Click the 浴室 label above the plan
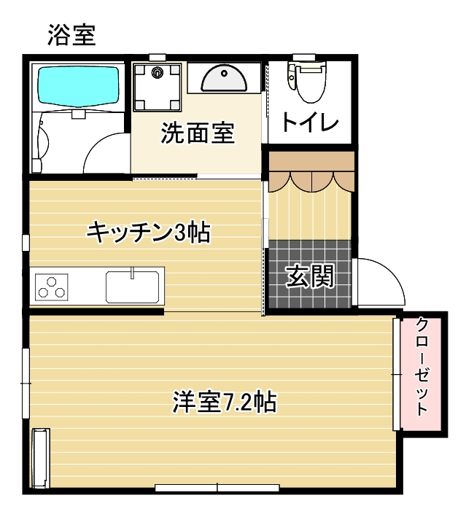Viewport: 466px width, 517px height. pyautogui.click(x=71, y=34)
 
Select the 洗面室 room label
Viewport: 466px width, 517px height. pyautogui.click(x=198, y=133)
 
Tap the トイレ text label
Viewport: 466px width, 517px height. pyautogui.click(x=311, y=123)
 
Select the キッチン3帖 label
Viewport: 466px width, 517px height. pyautogui.click(x=148, y=233)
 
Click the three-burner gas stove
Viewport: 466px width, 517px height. pyautogui.click(x=51, y=285)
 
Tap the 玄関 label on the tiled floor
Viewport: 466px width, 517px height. pyautogui.click(x=309, y=277)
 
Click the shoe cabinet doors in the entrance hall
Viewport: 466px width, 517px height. pyautogui.click(x=309, y=177)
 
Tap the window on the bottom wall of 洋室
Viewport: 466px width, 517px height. pyautogui.click(x=217, y=486)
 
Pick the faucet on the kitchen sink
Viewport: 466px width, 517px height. pyautogui.click(x=133, y=273)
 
